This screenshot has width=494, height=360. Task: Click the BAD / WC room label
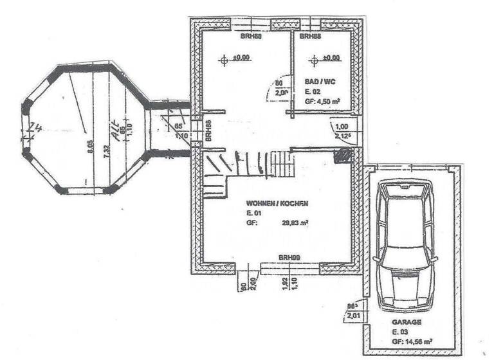320,82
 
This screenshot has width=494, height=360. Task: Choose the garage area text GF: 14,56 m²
412,342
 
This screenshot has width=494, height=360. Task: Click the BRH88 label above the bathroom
311,37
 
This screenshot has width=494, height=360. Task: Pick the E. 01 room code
253,213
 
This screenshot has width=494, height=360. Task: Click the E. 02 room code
312,92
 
